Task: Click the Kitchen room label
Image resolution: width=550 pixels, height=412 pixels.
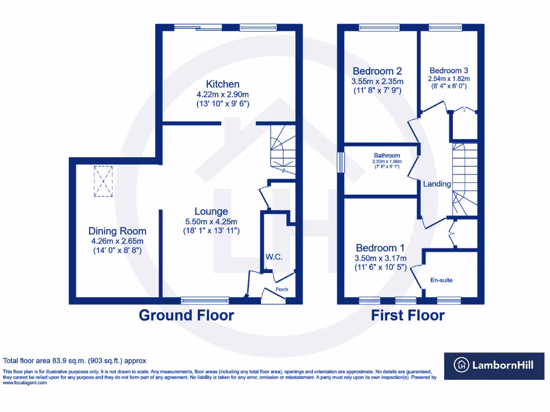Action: tap(223, 84)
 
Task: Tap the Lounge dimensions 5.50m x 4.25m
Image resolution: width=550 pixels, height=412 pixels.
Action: tap(211, 222)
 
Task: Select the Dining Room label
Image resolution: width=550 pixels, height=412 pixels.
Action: tap(117, 231)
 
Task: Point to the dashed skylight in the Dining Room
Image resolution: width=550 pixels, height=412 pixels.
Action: tap(103, 182)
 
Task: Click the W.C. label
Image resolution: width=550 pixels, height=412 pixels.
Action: tap(274, 257)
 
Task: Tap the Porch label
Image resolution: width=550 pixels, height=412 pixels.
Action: tap(281, 290)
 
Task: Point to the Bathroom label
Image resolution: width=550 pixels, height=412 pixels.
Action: tap(387, 156)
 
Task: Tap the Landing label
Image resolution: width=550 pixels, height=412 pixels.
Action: tap(437, 184)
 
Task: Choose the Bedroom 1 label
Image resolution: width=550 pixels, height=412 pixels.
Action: tap(380, 248)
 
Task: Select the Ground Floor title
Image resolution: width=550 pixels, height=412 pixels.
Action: tap(186, 315)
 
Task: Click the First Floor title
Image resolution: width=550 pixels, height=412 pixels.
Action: tap(408, 315)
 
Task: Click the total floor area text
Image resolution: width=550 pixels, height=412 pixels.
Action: tap(75, 361)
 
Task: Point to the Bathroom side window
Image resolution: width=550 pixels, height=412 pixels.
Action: tap(339, 163)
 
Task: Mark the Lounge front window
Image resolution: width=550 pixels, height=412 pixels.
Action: tap(204, 300)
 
